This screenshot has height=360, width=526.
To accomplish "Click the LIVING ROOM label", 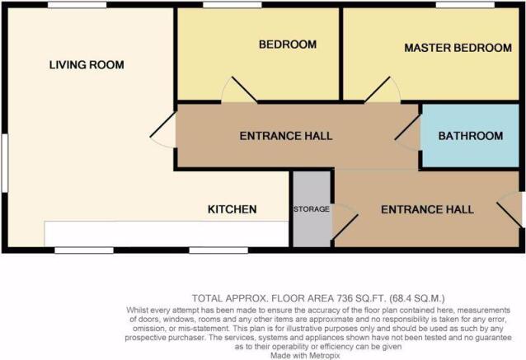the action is coord(87,65).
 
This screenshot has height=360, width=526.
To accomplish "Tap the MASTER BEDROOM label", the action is coord(458,48).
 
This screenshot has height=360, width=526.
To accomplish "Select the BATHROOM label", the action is coord(470,136).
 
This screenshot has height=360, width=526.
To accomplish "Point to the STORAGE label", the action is coord(312,209).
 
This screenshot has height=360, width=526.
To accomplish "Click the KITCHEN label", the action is coord(232,209).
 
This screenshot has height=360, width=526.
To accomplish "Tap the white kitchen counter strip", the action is coord(167,234).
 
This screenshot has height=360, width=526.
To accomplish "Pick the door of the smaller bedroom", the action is coord(239,90).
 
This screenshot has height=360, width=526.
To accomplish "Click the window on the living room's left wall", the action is coord(5,163).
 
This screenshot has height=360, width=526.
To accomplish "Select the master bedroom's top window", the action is coord(465,5).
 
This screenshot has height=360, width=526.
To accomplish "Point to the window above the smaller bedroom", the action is coord(232,5).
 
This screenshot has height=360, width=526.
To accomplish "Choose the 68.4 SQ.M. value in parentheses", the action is coord(417,298).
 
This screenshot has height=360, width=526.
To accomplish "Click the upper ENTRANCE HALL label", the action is coord(286,136).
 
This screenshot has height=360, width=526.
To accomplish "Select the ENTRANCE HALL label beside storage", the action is coord(427,209).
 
